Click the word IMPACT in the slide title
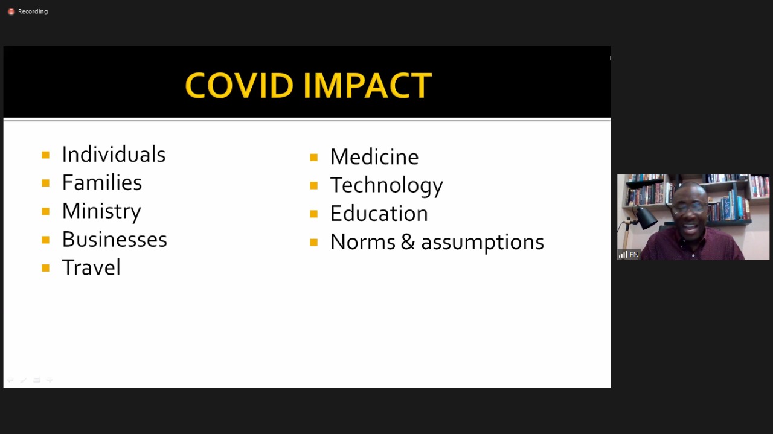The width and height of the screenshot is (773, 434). pyautogui.click(x=368, y=85)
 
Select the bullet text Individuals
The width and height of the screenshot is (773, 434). pyautogui.click(x=114, y=154)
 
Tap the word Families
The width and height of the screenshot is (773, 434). pyautogui.click(x=102, y=182)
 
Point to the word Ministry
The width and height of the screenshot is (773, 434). pyautogui.click(x=101, y=211)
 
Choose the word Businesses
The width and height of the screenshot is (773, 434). pyautogui.click(x=115, y=239)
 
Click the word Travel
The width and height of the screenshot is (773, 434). pyautogui.click(x=91, y=267)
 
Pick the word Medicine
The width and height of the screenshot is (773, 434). pyautogui.click(x=374, y=157)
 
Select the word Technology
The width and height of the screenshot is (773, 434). pyautogui.click(x=386, y=185)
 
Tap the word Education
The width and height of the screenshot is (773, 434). pyautogui.click(x=379, y=214)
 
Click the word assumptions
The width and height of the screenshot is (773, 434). pyautogui.click(x=483, y=243)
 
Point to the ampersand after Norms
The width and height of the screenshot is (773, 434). pyautogui.click(x=408, y=242)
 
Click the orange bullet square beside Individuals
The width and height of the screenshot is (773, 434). pyautogui.click(x=45, y=155)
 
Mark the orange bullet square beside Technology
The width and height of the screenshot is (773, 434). pyautogui.click(x=313, y=186)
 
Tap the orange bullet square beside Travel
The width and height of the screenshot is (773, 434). pyautogui.click(x=45, y=268)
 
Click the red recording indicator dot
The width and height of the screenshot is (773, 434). pyautogui.click(x=11, y=11)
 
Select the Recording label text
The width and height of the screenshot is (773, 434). pyautogui.click(x=33, y=11)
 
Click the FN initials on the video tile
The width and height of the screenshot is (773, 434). pyautogui.click(x=634, y=255)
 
